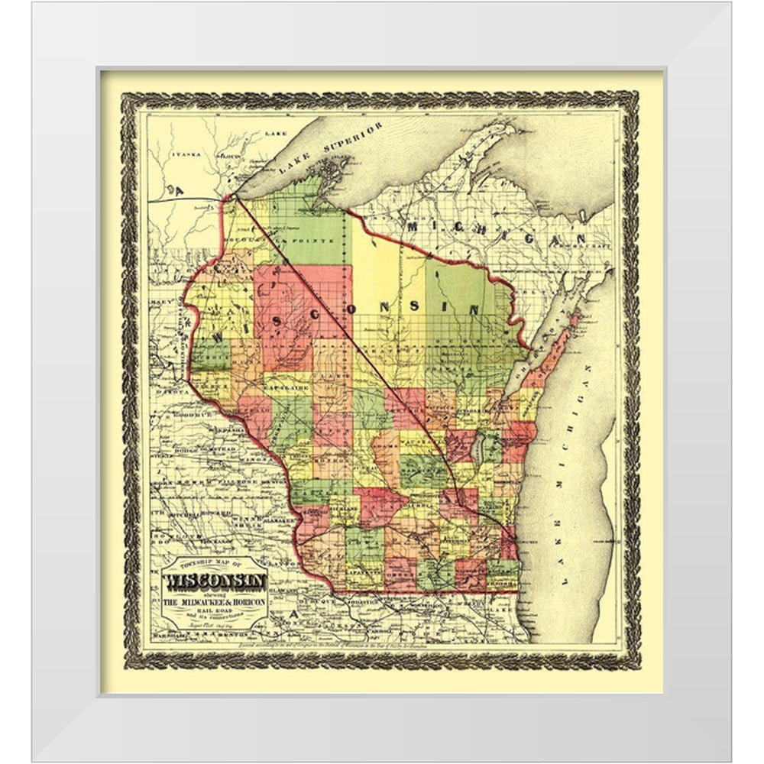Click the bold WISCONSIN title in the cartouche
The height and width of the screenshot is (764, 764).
(216, 581)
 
